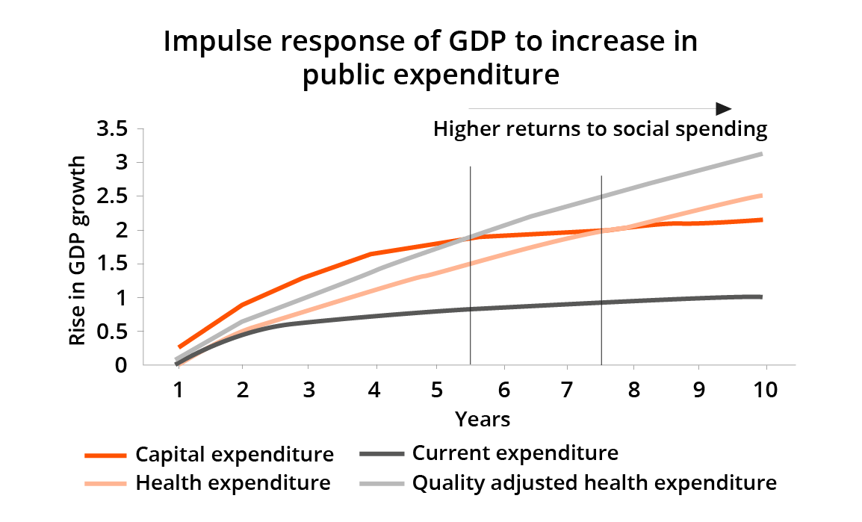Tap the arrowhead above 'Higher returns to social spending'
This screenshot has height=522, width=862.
click(723, 108)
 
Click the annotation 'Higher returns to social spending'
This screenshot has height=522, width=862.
click(601, 130)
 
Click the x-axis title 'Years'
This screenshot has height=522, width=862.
click(483, 420)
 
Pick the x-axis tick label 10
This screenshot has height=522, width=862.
click(761, 390)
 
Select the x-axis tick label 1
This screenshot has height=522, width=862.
click(178, 390)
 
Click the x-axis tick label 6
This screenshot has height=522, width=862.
click(504, 390)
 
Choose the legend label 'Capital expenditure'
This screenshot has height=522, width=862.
click(235, 454)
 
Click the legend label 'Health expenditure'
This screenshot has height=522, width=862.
click(233, 483)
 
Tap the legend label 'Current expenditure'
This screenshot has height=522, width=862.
click(515, 453)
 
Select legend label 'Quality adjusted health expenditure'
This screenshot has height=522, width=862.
click(595, 483)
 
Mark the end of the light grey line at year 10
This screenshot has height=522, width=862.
click(760, 154)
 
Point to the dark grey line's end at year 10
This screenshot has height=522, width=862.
click(760, 296)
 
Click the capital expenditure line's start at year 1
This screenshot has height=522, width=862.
click(179, 347)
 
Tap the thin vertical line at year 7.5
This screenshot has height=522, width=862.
click(601, 269)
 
